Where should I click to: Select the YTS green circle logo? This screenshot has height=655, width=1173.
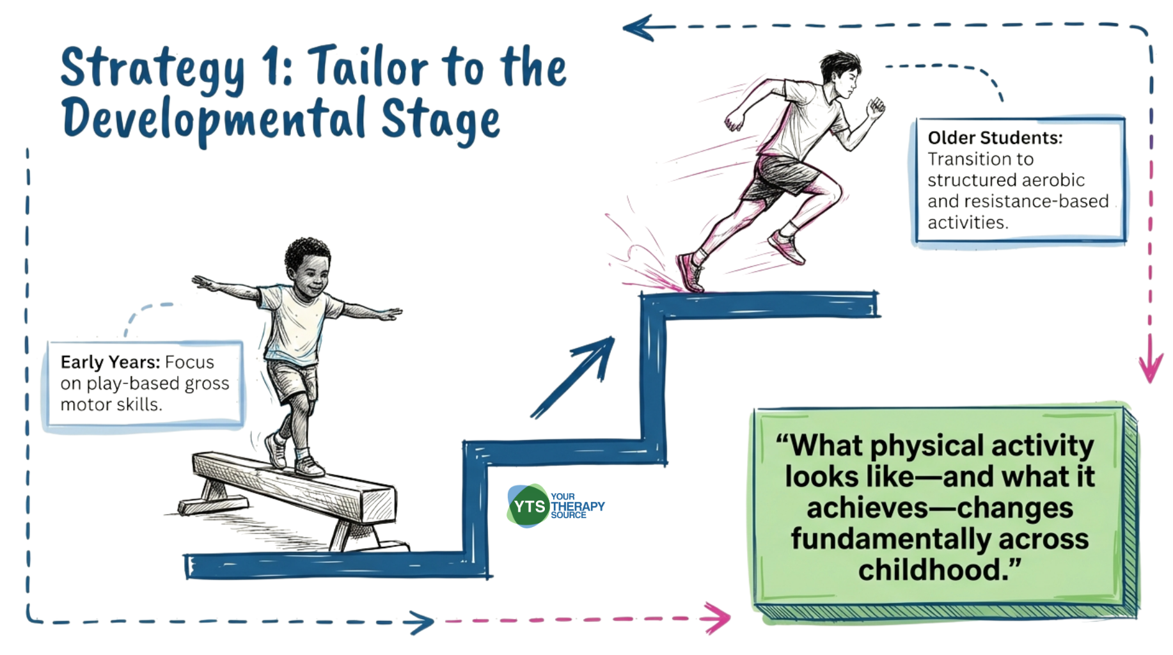(528, 506)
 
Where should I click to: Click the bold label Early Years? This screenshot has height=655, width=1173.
(110, 362)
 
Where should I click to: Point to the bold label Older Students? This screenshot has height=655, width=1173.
(995, 138)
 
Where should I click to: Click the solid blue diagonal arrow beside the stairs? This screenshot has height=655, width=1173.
(573, 377)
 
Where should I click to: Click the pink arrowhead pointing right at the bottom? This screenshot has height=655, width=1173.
(718, 618)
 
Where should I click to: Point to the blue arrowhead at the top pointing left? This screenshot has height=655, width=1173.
(640, 28)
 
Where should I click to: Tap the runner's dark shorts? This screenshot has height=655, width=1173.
(782, 177)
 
